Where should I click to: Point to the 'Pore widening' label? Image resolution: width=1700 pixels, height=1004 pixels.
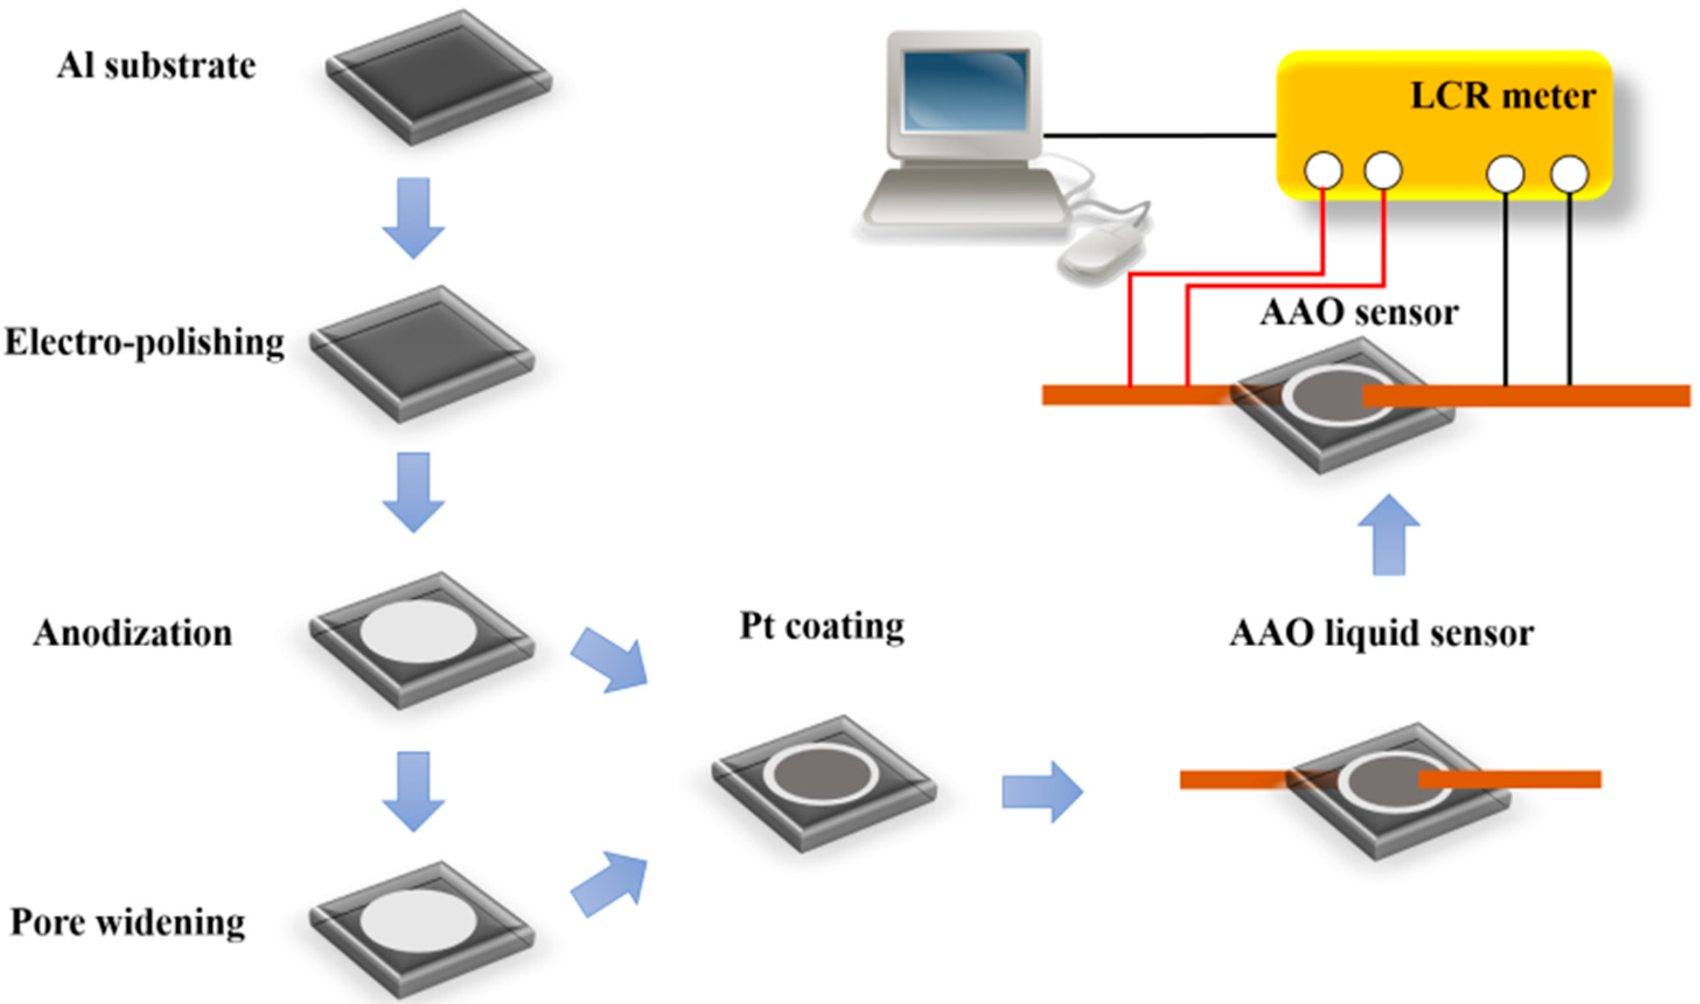(128, 922)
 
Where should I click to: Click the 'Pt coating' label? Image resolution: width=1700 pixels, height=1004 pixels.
(822, 626)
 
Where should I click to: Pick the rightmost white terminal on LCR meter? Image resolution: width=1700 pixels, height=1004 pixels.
(1569, 174)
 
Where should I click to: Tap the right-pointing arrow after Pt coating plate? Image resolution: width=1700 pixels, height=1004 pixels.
(1042, 791)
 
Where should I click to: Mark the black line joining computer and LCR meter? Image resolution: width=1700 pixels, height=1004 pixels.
(1158, 135)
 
